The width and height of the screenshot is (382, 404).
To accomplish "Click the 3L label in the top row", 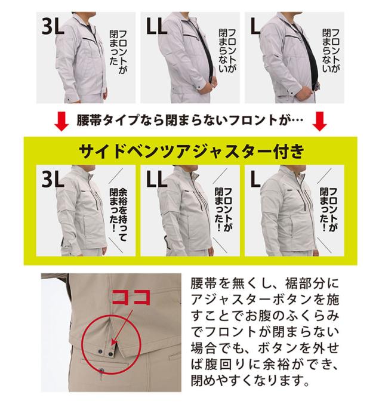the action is pos(53,26).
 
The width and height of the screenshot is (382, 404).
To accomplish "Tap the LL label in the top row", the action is pos(157,26).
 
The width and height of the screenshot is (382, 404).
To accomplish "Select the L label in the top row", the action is pos(255,26).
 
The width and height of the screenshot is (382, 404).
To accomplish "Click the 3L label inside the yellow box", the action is pos(53,179).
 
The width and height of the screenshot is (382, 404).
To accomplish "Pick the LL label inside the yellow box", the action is pos(157,179).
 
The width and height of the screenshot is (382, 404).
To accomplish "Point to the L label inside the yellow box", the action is pos(255,179).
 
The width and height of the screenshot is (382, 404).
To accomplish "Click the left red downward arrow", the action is pos(61,121).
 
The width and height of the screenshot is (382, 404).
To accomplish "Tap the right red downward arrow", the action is pos(319,121).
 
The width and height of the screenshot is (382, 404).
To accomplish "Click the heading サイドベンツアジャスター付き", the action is pos(192,151).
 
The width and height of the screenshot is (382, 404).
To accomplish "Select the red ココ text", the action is pos(131,297).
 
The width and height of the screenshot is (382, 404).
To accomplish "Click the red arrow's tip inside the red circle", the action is pos(112,344).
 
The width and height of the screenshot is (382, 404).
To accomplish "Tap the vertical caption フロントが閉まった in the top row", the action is pos(118,52).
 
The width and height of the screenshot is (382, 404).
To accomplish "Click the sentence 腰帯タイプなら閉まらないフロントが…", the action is pos(190,120).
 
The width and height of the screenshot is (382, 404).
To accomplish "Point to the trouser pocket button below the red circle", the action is pos(101,371).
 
